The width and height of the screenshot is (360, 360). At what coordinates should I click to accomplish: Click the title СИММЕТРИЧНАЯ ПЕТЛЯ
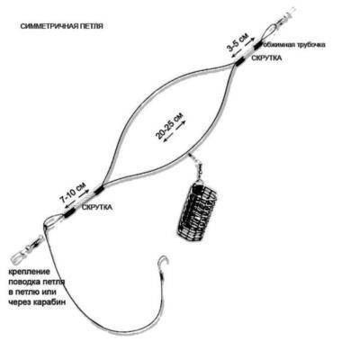[x=62, y=26]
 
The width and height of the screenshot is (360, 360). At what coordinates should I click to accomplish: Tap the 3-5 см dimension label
[x=237, y=42]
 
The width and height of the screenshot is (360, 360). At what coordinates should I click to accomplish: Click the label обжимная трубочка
[x=294, y=45]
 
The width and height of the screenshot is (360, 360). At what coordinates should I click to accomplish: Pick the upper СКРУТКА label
[x=266, y=58]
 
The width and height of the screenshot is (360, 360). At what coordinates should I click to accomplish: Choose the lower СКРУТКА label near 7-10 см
[x=97, y=207]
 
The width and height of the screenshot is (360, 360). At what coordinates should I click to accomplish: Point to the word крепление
[x=29, y=273]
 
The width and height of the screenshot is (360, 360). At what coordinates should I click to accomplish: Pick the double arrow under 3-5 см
[x=244, y=46]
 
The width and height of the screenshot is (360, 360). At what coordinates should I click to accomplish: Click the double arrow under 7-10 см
[x=77, y=198]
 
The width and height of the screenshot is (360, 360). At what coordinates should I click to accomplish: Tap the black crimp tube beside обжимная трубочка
[x=257, y=46]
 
